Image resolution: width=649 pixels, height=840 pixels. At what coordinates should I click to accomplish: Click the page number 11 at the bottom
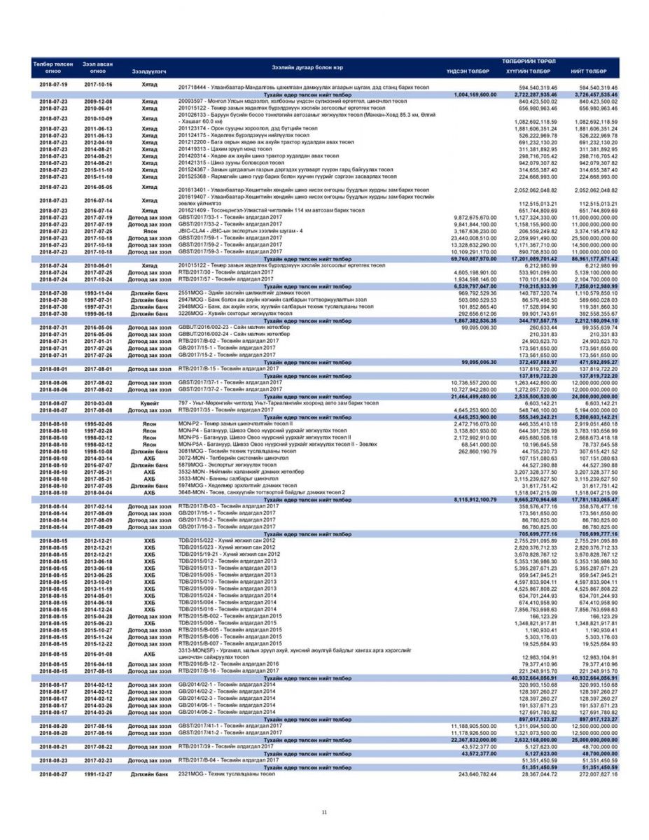point(324,812)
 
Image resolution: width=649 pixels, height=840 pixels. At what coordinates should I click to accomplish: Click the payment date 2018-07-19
point(53,84)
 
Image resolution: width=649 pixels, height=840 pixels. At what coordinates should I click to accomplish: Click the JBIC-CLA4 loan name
point(232,231)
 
